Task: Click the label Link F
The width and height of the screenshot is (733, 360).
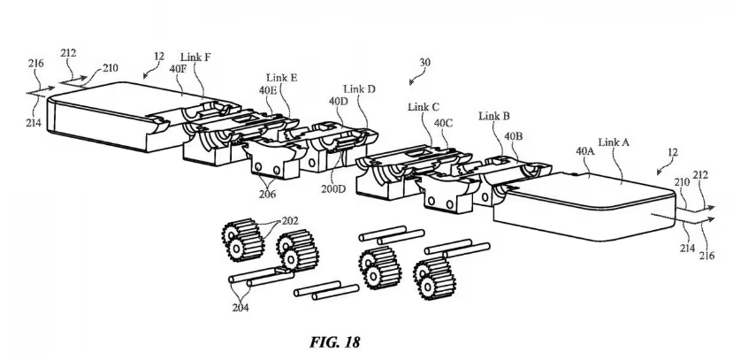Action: coord(196,56)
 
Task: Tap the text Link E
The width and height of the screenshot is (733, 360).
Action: coord(281,78)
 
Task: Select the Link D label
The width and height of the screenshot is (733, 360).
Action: coord(360,89)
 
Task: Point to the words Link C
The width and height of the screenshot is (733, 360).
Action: coord(423,107)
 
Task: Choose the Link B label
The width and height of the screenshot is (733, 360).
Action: coord(493,116)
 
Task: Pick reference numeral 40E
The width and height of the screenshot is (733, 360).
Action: coord(268,89)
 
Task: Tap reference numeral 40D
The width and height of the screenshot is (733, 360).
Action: coord(339,102)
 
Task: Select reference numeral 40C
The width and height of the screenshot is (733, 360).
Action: coord(443,123)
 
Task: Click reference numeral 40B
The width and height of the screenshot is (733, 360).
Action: coord(514,136)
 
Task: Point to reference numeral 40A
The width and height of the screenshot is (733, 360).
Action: coord(585,151)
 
